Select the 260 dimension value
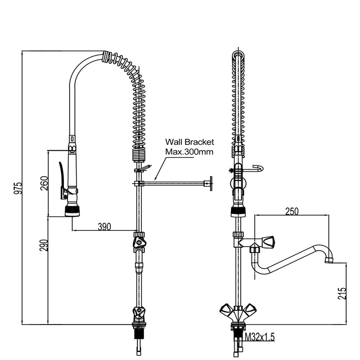tap(44, 183)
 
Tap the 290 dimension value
tap(44, 244)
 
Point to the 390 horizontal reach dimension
tap(105, 226)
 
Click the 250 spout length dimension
tap(291, 211)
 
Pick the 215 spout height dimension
tap(342, 293)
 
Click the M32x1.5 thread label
tap(260, 337)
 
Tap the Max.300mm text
tap(189, 152)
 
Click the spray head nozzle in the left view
tap(72, 211)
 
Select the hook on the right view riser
tap(257, 169)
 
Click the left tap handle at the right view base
tap(225, 310)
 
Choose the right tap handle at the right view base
tap(250, 310)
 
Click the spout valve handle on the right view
tap(268, 242)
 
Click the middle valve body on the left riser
tap(139, 243)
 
